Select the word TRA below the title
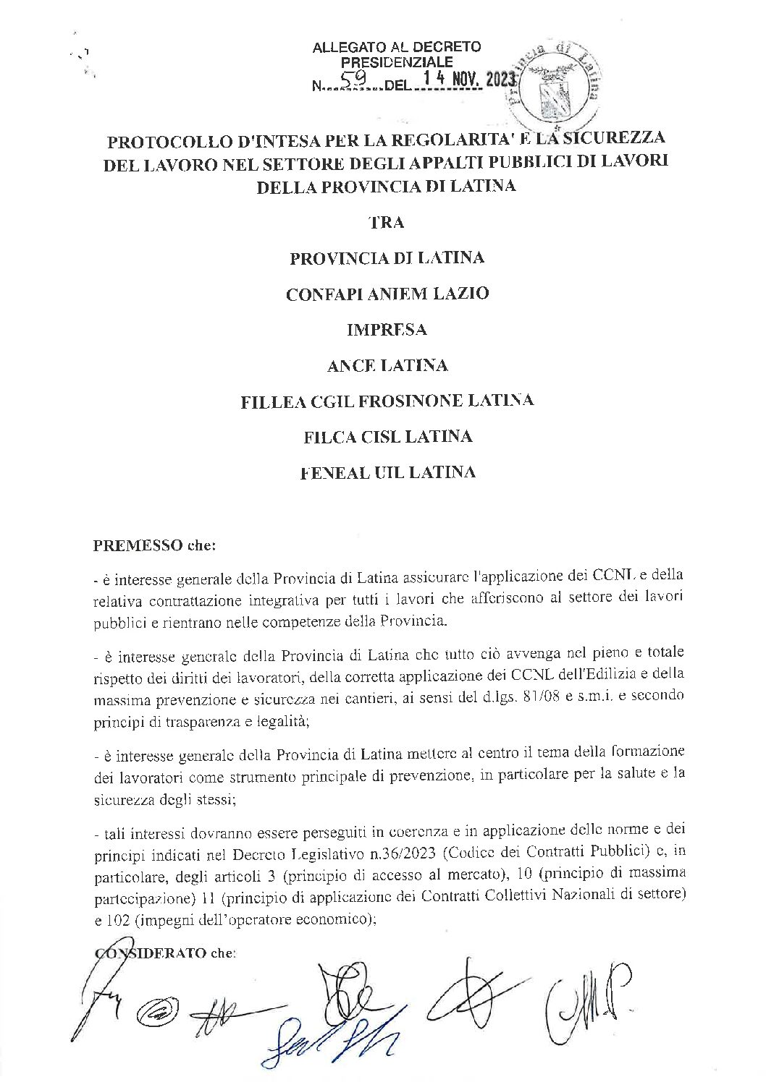click(387, 223)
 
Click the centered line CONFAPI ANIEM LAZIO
click(387, 294)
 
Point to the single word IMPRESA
click(387, 330)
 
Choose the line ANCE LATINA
click(387, 366)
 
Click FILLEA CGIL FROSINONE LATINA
click(387, 401)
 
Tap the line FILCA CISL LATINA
click(387, 437)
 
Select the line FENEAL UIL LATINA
click(387, 472)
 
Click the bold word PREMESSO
click(138, 546)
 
